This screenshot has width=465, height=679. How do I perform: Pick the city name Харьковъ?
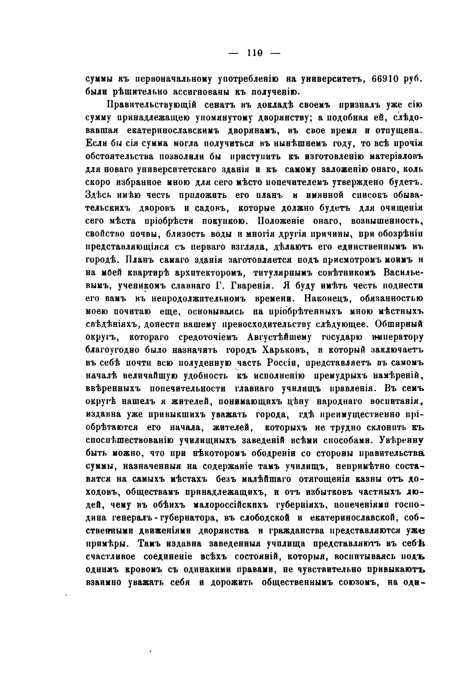[x=287, y=350]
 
